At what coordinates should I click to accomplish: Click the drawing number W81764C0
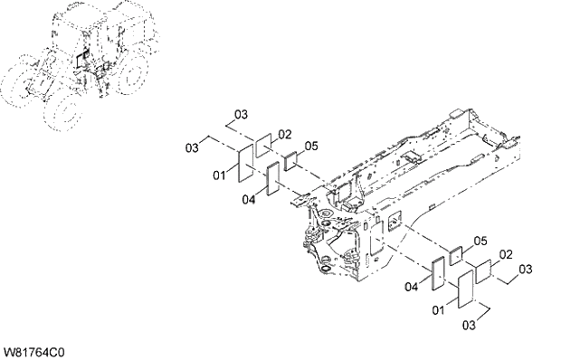tap(34, 352)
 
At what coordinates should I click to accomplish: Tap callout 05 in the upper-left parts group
tap(311, 146)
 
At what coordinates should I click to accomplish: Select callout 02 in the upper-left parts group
tap(285, 135)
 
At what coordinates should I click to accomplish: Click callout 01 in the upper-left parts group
tap(220, 175)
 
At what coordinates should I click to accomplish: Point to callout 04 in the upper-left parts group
tap(249, 200)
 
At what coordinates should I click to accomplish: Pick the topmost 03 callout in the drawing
tap(241, 114)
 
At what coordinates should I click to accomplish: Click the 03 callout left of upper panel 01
tap(192, 147)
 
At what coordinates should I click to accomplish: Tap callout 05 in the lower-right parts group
tap(480, 242)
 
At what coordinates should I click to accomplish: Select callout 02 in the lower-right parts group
tap(506, 254)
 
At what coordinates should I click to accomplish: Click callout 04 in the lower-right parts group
tap(412, 287)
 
